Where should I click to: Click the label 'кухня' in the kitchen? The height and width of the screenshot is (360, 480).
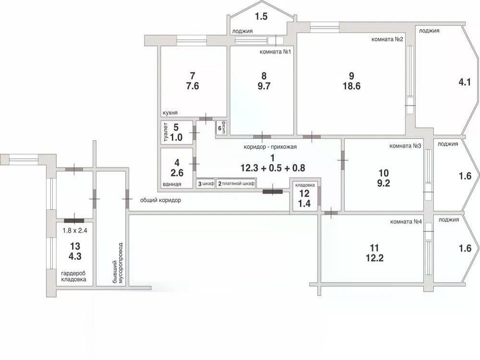pos(170,113)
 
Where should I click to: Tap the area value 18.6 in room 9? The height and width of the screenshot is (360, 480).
pos(351,86)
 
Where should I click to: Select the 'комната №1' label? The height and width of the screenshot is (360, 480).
pos(275,52)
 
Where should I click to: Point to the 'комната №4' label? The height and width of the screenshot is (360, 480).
pos(406,222)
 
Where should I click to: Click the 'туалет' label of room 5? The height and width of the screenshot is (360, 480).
pos(166,132)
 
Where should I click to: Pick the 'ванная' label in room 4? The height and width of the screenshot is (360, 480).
pos(172,184)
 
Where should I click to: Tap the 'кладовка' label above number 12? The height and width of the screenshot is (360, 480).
pos(305,185)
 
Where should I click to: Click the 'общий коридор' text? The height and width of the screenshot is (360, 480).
pos(160,200)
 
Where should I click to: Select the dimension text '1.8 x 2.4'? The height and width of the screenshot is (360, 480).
pos(75,230)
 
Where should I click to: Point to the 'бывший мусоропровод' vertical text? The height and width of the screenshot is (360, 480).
pos(118,263)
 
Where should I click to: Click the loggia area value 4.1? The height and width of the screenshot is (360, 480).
pos(464,82)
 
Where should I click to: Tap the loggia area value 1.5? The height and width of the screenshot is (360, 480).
pos(261,16)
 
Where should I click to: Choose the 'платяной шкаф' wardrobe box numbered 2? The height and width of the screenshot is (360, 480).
pos(236,184)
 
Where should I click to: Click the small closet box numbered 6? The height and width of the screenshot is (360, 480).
pos(222,128)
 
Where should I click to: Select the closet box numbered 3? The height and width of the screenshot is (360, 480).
pos(206,184)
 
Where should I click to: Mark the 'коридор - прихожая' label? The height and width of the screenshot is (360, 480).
pos(270,146)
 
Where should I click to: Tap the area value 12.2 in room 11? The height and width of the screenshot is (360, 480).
pos(374,258)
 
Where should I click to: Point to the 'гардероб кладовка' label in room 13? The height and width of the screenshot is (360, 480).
pos(73,276)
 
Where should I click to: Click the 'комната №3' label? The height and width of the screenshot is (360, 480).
pos(405,146)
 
